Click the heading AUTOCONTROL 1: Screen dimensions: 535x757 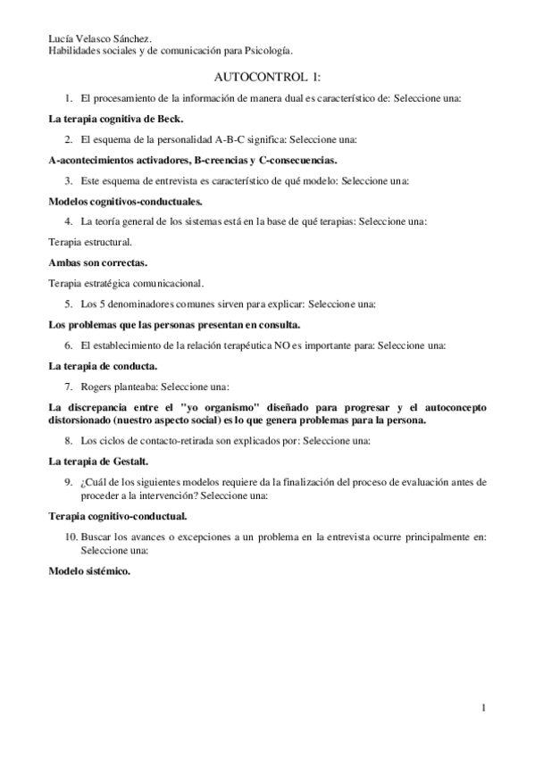(267, 78)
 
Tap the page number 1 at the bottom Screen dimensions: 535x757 (483, 709)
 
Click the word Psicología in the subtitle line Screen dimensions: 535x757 (269, 51)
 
